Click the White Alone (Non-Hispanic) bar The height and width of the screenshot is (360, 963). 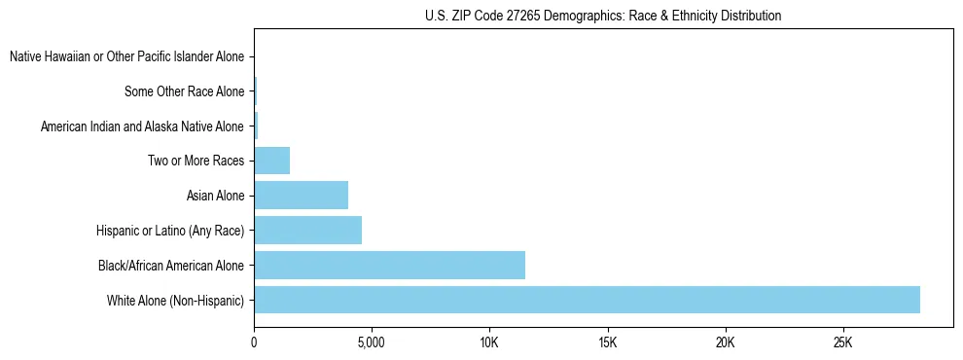[x=587, y=300]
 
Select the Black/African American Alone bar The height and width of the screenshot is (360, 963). [x=389, y=265]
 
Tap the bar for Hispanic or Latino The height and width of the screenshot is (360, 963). [x=307, y=231]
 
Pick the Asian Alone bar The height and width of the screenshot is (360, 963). [x=301, y=196]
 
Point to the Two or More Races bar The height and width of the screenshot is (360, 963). [x=271, y=161]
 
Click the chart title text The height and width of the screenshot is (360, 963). [x=603, y=16]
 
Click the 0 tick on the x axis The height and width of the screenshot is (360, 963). [x=254, y=342]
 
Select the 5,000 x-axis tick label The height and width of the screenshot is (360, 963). [x=372, y=342]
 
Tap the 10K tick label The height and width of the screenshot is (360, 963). [x=489, y=342]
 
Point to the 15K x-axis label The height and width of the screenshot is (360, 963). [x=607, y=342]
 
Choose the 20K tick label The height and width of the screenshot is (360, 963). [x=725, y=342]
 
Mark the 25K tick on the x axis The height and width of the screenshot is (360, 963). [x=842, y=342]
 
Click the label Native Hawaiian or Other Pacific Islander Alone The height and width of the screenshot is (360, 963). [x=126, y=57]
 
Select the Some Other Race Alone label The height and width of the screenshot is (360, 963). [x=184, y=92]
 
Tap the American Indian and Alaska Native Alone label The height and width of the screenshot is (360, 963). [x=142, y=126]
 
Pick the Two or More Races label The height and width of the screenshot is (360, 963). [x=196, y=162]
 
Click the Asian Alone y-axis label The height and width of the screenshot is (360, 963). [x=215, y=197]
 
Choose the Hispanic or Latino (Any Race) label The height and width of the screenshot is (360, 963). [x=170, y=231]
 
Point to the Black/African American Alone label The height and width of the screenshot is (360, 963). [x=171, y=266]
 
